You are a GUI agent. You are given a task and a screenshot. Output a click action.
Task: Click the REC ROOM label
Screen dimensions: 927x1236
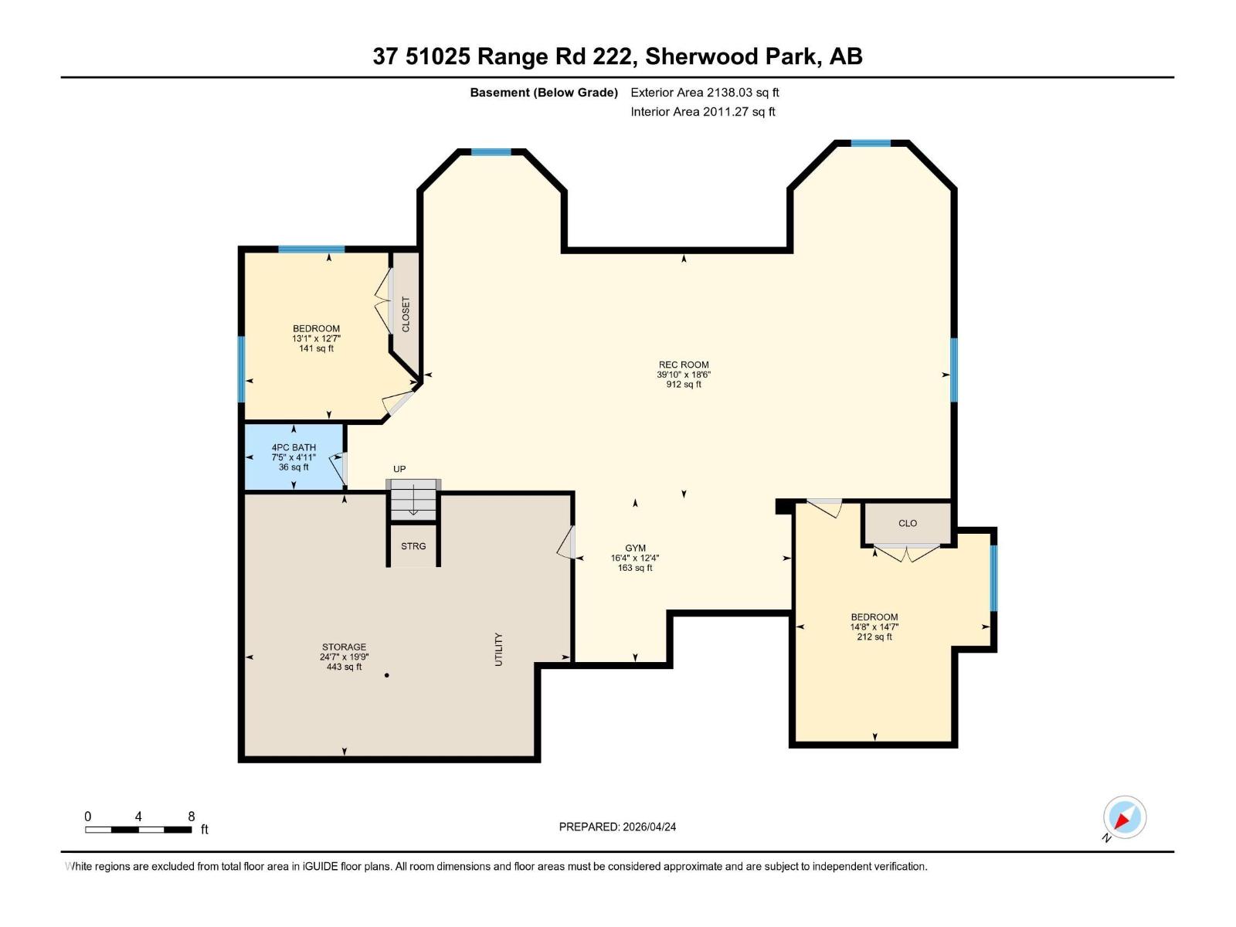(x=683, y=365)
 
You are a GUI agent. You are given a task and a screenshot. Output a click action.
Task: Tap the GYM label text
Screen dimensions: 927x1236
(x=635, y=548)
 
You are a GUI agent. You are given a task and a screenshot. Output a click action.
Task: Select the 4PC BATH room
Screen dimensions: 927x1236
(x=294, y=457)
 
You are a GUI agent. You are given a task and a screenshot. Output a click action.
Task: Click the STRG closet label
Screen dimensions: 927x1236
(x=413, y=546)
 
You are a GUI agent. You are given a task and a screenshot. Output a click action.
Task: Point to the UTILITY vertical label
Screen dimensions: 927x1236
(x=498, y=649)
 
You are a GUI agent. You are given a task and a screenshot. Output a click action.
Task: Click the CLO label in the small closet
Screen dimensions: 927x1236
(x=908, y=523)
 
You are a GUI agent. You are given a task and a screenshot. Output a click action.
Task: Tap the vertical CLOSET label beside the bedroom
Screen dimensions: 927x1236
(x=406, y=314)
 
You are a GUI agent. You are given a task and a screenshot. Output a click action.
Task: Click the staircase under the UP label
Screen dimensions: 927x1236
(x=413, y=501)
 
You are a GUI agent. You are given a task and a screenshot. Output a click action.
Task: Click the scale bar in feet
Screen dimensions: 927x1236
(x=138, y=830)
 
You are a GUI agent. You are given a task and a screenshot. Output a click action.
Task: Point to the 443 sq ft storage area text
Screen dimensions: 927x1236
(x=344, y=667)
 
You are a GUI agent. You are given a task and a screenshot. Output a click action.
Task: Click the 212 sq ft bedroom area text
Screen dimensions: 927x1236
(x=874, y=637)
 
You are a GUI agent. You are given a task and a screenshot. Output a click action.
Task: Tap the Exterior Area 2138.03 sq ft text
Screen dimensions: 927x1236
(x=705, y=92)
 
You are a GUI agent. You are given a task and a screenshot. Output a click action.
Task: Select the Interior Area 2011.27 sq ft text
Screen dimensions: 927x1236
(x=702, y=111)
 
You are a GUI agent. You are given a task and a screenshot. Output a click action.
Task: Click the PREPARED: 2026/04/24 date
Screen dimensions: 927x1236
(x=617, y=827)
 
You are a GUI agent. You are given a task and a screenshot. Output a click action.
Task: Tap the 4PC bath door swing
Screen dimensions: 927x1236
(x=338, y=468)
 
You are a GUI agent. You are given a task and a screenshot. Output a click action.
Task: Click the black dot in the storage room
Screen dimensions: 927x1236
(x=386, y=675)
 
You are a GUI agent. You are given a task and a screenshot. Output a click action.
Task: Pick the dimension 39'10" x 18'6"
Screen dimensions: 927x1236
(x=683, y=375)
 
